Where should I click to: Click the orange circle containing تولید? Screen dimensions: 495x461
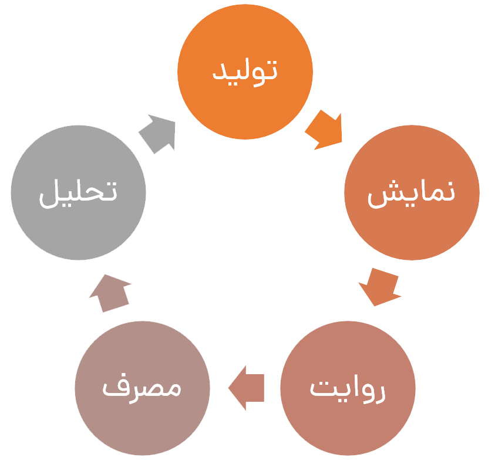(x=245, y=72)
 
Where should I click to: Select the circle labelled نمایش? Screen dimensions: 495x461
(x=412, y=192)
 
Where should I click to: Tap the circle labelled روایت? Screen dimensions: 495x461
(x=348, y=388)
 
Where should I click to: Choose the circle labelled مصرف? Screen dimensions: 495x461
(x=142, y=388)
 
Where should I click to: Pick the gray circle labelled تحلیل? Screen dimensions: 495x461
(x=78, y=192)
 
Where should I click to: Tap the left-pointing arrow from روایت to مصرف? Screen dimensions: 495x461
(x=246, y=388)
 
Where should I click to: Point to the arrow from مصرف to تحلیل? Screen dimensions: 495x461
(x=110, y=293)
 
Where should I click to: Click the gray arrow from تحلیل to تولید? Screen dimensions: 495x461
(x=157, y=134)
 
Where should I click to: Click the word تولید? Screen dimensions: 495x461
(x=245, y=73)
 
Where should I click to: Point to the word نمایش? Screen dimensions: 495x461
(x=412, y=194)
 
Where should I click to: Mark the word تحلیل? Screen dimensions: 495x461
(x=78, y=194)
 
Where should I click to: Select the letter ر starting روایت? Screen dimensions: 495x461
(x=379, y=394)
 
